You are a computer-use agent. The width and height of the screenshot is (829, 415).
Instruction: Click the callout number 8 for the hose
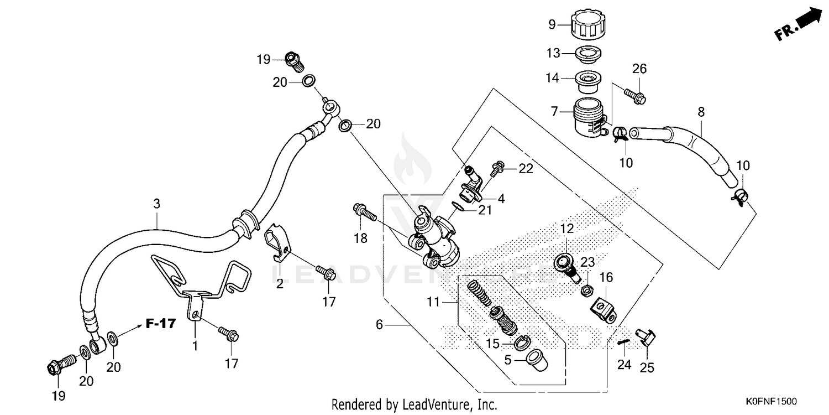coord(701,112)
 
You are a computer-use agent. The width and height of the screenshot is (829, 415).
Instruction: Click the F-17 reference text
coord(161,324)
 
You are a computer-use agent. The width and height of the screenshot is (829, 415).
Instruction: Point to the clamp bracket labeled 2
coord(276,242)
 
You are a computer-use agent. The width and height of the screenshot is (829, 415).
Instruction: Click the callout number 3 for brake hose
coord(156,204)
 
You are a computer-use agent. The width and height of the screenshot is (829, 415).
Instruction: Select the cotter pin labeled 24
coord(623,343)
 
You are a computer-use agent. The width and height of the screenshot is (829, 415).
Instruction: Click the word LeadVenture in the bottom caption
coord(435,404)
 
